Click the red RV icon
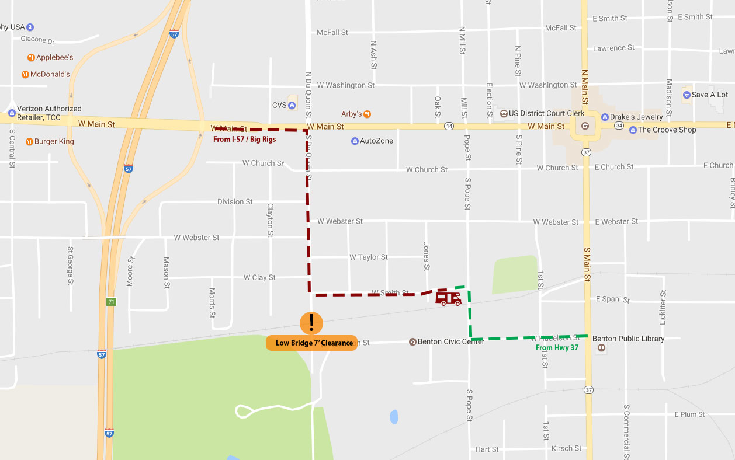tap(448, 298)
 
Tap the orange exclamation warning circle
tap(311, 323)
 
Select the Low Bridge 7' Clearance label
tap(311, 343)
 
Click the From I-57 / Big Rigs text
tap(244, 140)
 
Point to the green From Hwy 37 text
tap(557, 348)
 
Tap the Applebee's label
tap(54, 58)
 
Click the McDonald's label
tap(50, 75)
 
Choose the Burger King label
tap(54, 142)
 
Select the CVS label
tap(280, 105)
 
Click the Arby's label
tap(352, 114)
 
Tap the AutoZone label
tap(376, 141)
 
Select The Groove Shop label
tap(667, 130)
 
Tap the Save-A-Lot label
tap(709, 95)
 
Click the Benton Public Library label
tap(628, 339)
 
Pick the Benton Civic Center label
tap(450, 342)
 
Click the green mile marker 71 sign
tap(111, 302)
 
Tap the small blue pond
tap(394, 417)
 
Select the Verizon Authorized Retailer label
tap(49, 113)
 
